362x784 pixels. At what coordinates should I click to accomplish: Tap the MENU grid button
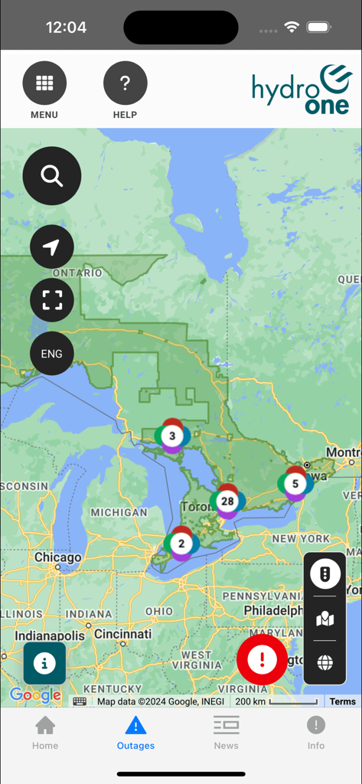pyautogui.click(x=44, y=83)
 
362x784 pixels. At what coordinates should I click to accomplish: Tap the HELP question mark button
pyautogui.click(x=125, y=83)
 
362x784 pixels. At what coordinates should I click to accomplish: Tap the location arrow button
pyautogui.click(x=52, y=247)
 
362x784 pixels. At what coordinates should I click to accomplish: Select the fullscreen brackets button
pyautogui.click(x=52, y=300)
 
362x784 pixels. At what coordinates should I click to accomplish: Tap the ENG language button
pyautogui.click(x=52, y=354)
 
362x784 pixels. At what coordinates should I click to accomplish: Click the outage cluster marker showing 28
pyautogui.click(x=227, y=501)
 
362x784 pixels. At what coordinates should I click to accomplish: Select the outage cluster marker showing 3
pyautogui.click(x=172, y=436)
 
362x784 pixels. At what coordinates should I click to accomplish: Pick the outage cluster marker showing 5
pyautogui.click(x=295, y=484)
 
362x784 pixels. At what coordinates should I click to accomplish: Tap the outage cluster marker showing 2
pyautogui.click(x=181, y=544)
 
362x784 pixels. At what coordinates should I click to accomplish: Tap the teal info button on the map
pyautogui.click(x=44, y=663)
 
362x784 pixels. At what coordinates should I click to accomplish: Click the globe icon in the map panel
pyautogui.click(x=325, y=663)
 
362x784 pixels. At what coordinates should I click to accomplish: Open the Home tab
pyautogui.click(x=45, y=732)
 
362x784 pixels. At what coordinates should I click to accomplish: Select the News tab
pyautogui.click(x=226, y=732)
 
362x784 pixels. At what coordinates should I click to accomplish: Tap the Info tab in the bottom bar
pyautogui.click(x=316, y=732)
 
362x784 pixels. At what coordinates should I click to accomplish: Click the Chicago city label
pyautogui.click(x=58, y=558)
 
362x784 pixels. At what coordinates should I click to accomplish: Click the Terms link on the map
pyautogui.click(x=342, y=701)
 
